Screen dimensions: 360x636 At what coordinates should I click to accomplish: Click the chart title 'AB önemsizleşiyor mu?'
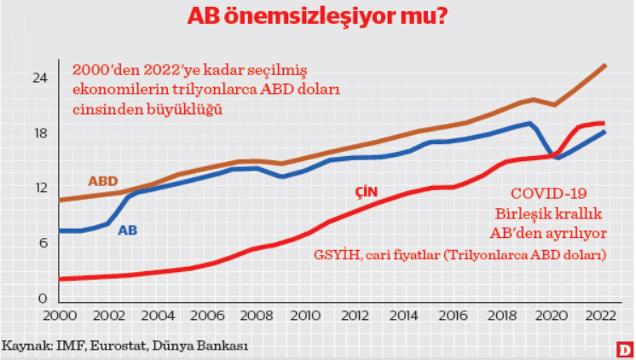pyautogui.click(x=318, y=17)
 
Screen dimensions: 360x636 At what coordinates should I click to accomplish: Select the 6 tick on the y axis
pyautogui.click(x=41, y=243)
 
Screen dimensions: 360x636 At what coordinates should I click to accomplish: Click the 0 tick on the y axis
pyautogui.click(x=41, y=299)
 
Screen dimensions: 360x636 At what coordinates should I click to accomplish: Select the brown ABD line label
pyautogui.click(x=102, y=181)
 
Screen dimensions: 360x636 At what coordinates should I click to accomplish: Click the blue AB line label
pyautogui.click(x=127, y=229)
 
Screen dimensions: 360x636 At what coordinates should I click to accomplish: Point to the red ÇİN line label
pyautogui.click(x=367, y=191)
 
